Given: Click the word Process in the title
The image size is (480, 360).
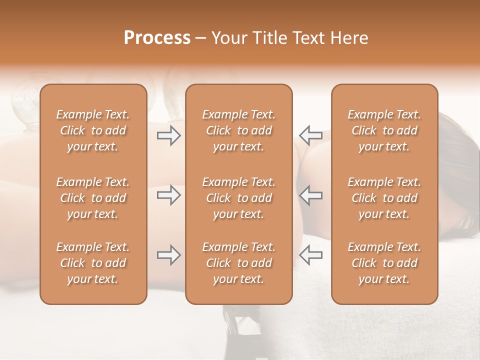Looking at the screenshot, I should [x=157, y=37].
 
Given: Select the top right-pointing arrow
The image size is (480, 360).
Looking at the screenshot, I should [x=169, y=135].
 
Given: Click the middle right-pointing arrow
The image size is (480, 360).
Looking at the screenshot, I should [x=169, y=195].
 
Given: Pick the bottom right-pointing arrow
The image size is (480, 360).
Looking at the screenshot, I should [x=169, y=255].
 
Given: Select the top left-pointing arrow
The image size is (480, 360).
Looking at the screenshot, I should [x=310, y=135].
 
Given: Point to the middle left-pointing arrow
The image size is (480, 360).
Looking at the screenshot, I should [x=310, y=195].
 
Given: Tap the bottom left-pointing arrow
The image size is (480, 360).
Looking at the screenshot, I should [x=310, y=255].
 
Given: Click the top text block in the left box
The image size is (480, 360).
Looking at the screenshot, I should [x=93, y=130].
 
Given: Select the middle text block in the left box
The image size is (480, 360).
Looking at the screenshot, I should [x=93, y=198].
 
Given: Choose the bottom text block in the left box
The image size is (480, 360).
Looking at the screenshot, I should [x=93, y=263].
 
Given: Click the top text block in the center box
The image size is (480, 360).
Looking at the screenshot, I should [x=238, y=130].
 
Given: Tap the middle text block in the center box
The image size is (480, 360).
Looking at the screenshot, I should [x=238, y=198].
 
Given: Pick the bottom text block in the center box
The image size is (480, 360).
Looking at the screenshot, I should [x=238, y=263].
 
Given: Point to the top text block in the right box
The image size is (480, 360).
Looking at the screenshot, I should [x=384, y=130].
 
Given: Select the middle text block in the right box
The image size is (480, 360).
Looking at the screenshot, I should [x=384, y=198].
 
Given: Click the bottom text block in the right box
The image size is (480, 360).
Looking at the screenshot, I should [x=384, y=263].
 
